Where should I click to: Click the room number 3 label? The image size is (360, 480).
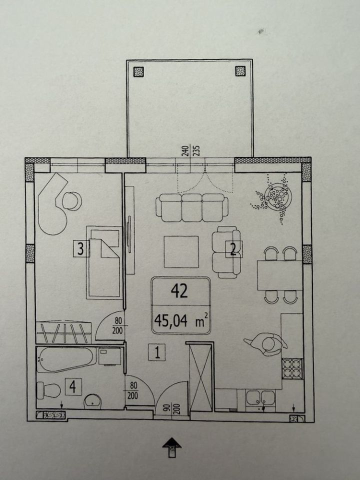[81, 248]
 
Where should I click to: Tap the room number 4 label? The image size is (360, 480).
[73, 386]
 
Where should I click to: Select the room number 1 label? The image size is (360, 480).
[157, 352]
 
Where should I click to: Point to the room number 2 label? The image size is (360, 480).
[233, 249]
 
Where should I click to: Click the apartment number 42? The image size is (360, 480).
[179, 291]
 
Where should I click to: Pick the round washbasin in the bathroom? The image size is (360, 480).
[92, 400]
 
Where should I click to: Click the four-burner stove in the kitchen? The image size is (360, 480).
[291, 369]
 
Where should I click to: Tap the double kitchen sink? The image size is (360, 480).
[261, 398]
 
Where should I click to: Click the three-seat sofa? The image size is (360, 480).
[192, 207]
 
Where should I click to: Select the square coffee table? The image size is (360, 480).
[181, 251]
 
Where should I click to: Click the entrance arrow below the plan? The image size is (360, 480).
[171, 447]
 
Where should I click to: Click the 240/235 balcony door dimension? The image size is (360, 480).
[190, 150]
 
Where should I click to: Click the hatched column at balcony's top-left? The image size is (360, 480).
[138, 71]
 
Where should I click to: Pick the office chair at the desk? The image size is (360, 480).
[72, 201]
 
